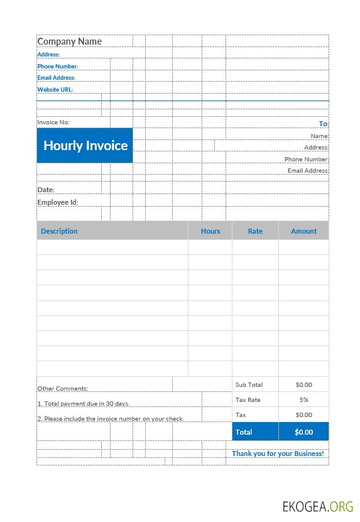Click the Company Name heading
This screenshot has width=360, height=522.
69,41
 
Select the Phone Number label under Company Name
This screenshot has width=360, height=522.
58,66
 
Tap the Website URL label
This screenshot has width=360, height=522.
55,90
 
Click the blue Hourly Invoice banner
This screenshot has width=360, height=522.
85,146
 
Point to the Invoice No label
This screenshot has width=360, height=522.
53,122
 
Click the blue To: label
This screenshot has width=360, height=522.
324,124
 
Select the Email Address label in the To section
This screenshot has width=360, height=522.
308,171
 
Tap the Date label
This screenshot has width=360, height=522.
46,190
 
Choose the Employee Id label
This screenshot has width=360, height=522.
57,202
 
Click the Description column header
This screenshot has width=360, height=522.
59,231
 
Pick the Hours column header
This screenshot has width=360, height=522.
210,231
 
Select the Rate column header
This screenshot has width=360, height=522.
255,231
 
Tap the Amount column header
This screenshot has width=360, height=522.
303,231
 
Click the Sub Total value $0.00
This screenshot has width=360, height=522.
303,384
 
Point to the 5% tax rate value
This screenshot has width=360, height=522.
303,400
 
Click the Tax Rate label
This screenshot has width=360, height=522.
248,400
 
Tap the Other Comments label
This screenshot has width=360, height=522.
62,389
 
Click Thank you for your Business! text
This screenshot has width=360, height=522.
278,454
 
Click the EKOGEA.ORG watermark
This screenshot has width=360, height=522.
317,506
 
